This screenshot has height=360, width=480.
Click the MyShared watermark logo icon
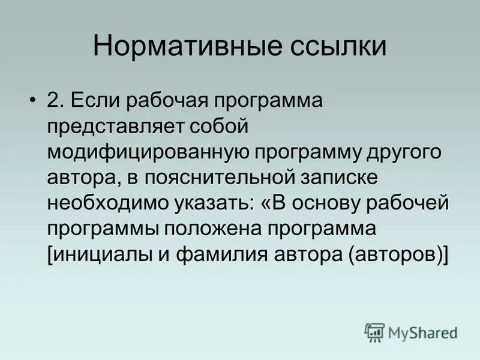tap(374, 331)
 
